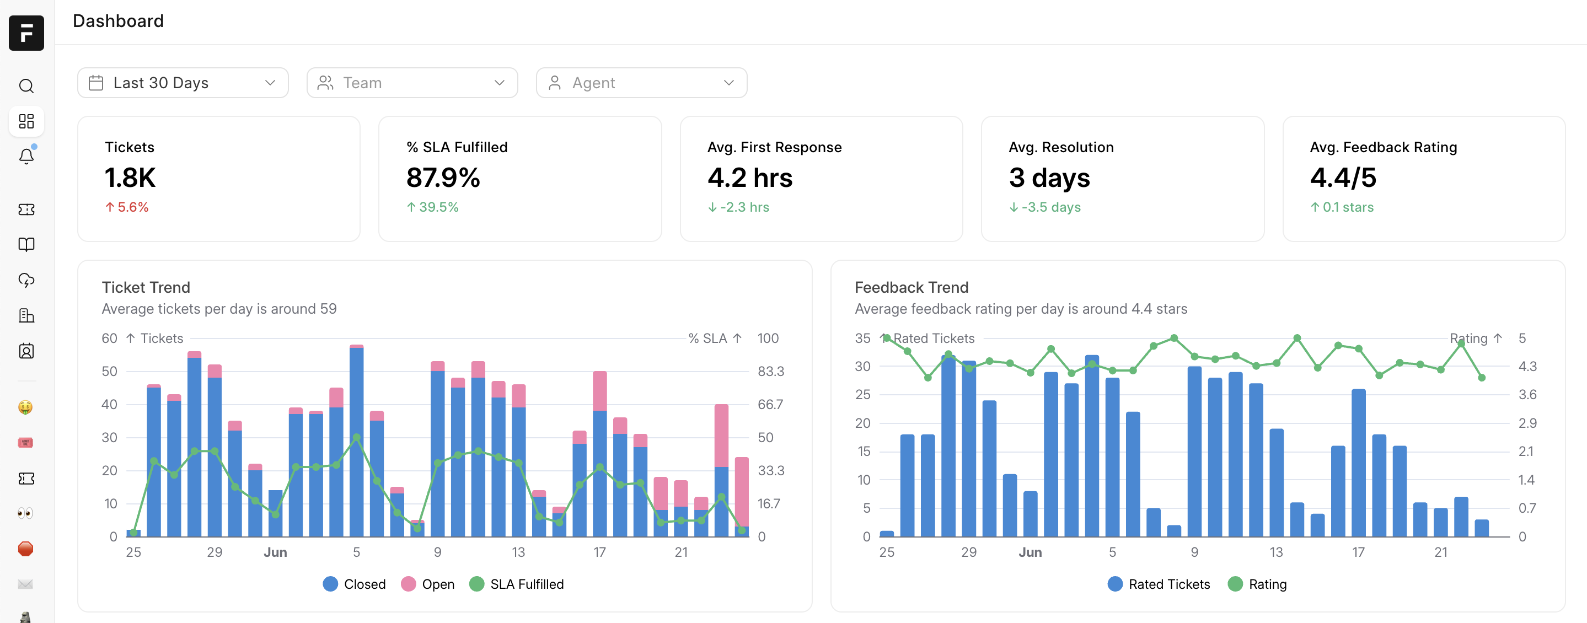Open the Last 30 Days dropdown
pos(183,83)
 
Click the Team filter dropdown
pos(411,83)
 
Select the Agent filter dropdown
pos(641,83)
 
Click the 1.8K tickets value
pos(130,178)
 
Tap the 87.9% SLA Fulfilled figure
pos(443,178)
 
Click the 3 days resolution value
pos(1049,178)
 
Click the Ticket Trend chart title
pos(146,287)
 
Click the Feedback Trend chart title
pos(911,287)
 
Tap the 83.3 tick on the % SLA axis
pos(770,372)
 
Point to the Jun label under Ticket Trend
pos(275,552)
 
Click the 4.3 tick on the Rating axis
pos(1527,367)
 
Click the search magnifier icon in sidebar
pos(26,85)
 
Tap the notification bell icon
pos(26,157)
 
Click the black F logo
pos(26,33)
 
